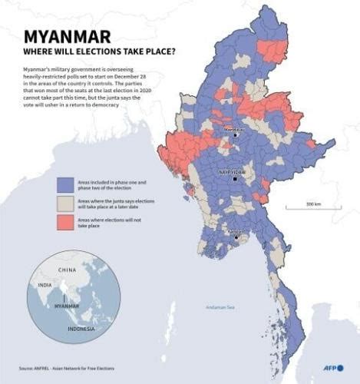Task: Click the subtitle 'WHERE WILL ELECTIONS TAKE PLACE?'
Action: (99, 53)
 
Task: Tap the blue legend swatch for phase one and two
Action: (65, 185)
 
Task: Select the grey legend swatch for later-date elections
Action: (65, 202)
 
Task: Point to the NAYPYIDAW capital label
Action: (232, 173)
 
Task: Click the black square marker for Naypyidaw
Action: (233, 180)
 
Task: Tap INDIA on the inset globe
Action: (45, 286)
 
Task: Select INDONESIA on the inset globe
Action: (79, 329)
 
